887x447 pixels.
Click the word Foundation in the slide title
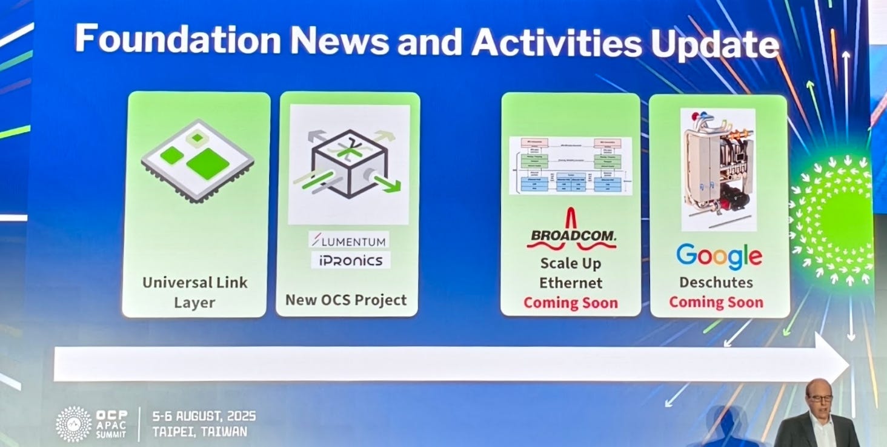(178, 41)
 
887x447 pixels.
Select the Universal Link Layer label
(194, 292)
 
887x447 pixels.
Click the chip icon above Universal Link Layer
(198, 160)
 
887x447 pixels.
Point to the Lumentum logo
(348, 241)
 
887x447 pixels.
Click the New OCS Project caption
(346, 300)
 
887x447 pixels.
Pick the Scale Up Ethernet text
(571, 273)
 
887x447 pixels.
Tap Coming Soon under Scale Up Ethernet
(571, 303)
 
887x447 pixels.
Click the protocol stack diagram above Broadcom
(571, 165)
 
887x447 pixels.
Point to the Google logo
(719, 256)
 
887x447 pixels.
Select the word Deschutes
(716, 283)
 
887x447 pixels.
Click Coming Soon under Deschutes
(716, 302)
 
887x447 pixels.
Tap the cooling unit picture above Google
(719, 169)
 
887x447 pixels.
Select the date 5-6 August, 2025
(204, 417)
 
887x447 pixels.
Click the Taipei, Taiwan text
(199, 432)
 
